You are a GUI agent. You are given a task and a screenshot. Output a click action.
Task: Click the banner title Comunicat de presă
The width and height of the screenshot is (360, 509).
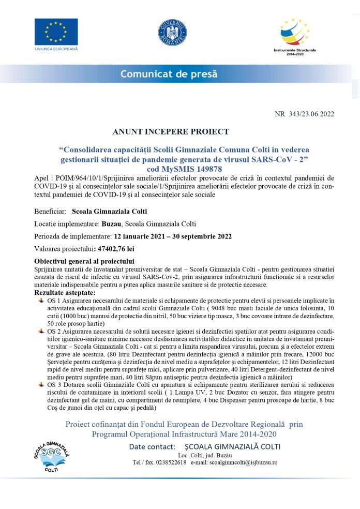tap(169, 74)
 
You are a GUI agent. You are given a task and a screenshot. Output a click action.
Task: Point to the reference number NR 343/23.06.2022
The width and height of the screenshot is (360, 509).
tap(304, 114)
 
